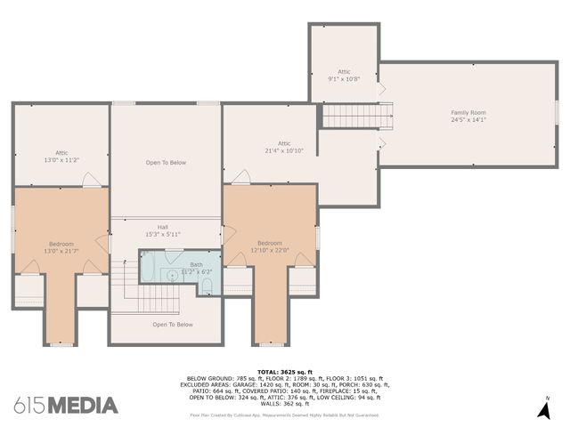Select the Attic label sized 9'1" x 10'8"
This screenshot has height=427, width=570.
(344, 71)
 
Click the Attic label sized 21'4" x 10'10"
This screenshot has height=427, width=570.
(284, 143)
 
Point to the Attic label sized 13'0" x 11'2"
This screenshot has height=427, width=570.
(61, 152)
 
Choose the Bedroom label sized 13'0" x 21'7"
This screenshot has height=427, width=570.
(61, 244)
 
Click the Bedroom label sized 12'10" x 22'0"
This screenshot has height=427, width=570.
(270, 243)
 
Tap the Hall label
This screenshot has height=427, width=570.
(163, 227)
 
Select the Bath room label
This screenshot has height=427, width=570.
(196, 264)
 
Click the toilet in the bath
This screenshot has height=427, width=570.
(207, 285)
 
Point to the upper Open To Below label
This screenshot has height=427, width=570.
(166, 163)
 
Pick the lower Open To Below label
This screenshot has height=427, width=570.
(173, 325)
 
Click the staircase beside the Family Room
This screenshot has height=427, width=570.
(357, 116)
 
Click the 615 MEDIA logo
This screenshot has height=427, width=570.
(66, 406)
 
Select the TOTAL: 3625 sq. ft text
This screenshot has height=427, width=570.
(285, 371)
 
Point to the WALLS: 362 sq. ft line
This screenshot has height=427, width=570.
(285, 402)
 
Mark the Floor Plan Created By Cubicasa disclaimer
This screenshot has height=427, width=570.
(285, 415)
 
